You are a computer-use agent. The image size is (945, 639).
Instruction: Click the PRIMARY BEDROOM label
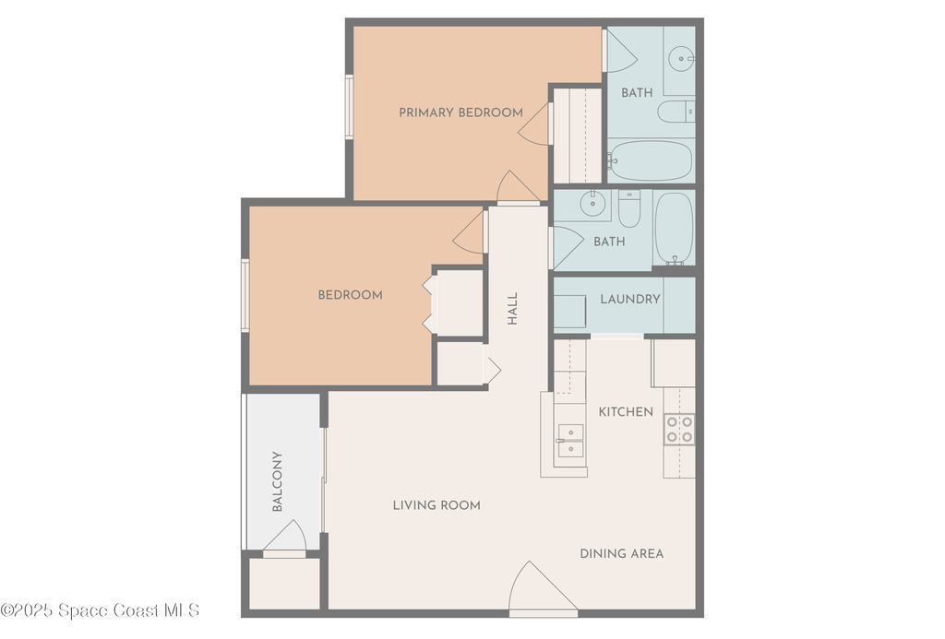click(461, 112)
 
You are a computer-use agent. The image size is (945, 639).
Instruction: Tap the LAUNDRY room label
click(629, 300)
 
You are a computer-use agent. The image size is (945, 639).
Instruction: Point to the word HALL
click(513, 309)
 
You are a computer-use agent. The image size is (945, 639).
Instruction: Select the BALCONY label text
click(277, 481)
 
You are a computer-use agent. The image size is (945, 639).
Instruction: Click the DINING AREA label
click(621, 554)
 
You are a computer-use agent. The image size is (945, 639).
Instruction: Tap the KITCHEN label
click(626, 412)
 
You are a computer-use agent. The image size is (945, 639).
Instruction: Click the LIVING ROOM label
click(437, 505)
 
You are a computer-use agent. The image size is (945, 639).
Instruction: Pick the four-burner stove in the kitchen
click(679, 430)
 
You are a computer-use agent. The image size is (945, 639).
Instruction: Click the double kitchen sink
click(570, 440)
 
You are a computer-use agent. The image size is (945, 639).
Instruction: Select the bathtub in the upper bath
click(651, 160)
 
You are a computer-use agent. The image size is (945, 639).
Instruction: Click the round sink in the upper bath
click(681, 59)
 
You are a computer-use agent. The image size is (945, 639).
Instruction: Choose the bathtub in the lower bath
click(674, 229)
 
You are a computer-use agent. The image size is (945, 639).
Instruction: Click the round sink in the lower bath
click(592, 203)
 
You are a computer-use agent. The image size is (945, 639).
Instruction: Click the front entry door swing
click(543, 588)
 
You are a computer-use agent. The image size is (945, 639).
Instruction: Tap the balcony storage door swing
click(284, 537)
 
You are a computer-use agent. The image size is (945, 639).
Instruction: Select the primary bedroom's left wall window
click(349, 107)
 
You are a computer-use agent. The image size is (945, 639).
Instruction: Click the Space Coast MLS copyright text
click(100, 610)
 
